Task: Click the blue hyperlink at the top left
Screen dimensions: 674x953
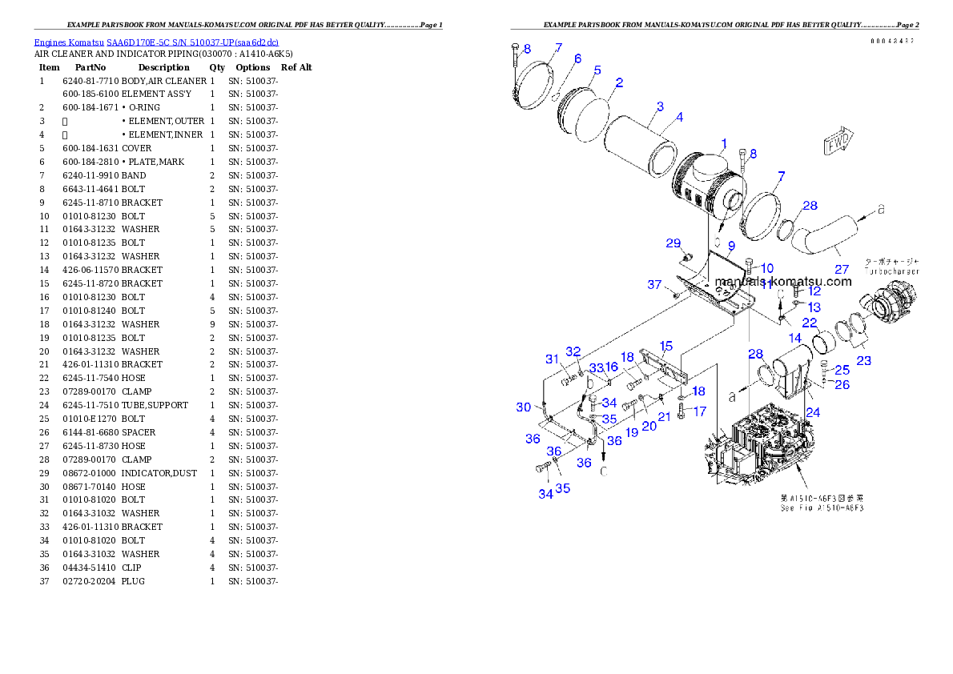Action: tap(156, 42)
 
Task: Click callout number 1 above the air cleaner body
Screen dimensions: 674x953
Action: tap(723, 144)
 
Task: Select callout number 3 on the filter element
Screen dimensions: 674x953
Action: tap(659, 106)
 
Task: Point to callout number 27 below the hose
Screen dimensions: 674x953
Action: tap(841, 269)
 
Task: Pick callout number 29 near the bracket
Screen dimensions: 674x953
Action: tap(673, 243)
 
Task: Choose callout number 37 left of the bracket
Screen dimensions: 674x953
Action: tap(654, 285)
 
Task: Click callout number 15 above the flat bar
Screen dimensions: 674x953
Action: tap(665, 346)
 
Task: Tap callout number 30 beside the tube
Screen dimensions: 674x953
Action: tap(523, 407)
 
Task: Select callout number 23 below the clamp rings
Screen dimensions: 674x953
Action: tap(863, 361)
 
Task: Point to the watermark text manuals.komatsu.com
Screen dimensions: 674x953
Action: tap(782, 281)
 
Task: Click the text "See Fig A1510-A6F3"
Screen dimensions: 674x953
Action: tap(822, 508)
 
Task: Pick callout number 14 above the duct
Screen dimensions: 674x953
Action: tap(795, 339)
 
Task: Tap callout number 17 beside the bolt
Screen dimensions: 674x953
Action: tap(700, 411)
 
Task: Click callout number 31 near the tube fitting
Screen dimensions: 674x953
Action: tap(553, 359)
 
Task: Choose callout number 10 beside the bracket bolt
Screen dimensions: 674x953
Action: tap(766, 268)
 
